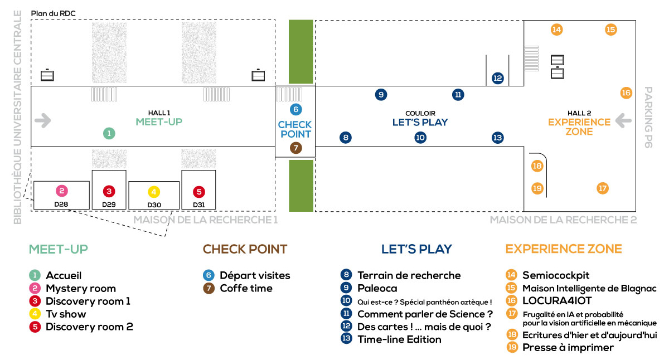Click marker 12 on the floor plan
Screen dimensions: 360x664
498,79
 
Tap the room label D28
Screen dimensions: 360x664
61,204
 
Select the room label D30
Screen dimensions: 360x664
154,205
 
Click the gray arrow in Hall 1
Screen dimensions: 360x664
42,120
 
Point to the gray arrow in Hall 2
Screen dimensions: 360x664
623,120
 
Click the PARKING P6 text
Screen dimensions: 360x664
648,117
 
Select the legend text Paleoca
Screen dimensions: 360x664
377,288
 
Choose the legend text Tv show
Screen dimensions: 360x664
66,314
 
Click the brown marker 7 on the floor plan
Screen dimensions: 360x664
295,148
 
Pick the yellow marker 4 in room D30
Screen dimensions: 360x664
154,192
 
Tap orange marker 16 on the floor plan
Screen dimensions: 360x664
626,93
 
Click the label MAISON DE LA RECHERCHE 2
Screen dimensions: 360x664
563,220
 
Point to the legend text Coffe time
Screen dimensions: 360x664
246,288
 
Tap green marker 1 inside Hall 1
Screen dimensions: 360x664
109,133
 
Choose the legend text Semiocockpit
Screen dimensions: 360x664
556,275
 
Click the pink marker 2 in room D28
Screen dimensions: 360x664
62,191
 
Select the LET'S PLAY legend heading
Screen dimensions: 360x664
416,249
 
